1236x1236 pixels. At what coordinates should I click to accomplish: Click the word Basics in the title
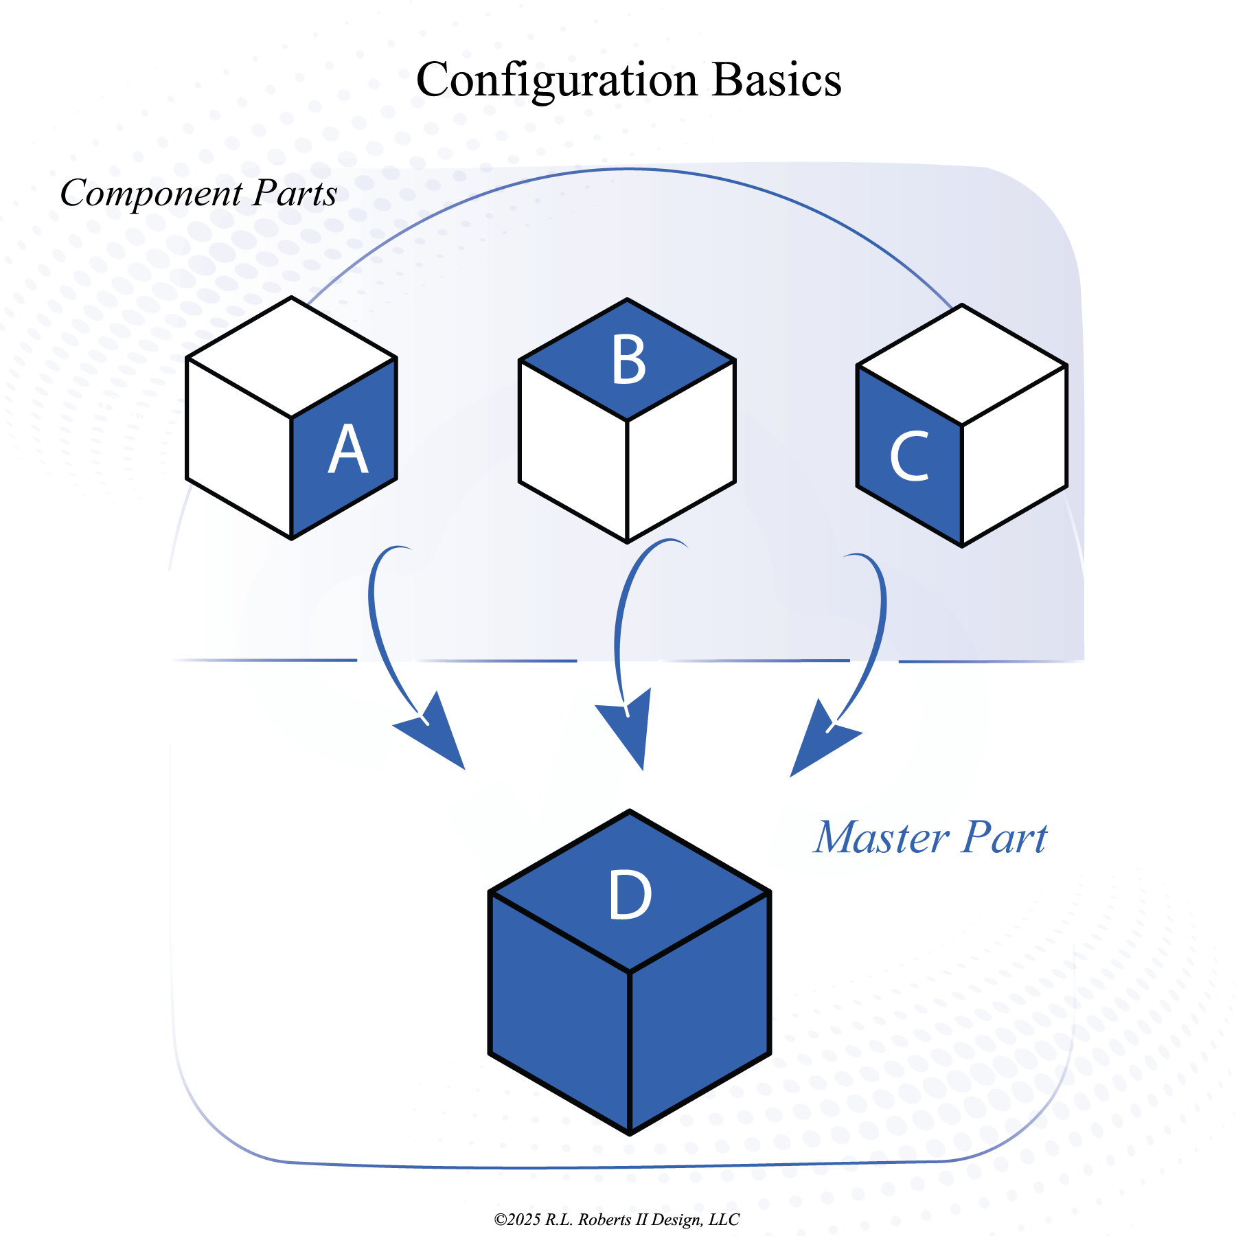click(x=776, y=80)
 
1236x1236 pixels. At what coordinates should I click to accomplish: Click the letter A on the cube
click(x=348, y=450)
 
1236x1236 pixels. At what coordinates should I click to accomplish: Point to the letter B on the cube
click(x=628, y=360)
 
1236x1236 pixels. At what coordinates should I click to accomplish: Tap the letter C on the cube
click(x=909, y=456)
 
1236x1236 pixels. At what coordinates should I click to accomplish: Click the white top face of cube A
click(x=292, y=357)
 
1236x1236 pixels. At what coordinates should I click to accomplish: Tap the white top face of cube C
click(x=962, y=365)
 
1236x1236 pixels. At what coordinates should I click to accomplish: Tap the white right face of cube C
click(x=1015, y=456)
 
